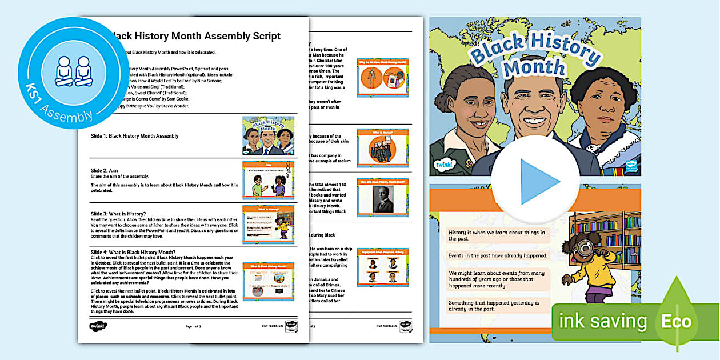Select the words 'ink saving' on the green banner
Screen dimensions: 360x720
[602, 321]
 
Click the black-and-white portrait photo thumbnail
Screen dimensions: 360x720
[383, 198]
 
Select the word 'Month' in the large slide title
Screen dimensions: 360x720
[534, 67]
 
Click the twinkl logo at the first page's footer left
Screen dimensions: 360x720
[98, 326]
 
